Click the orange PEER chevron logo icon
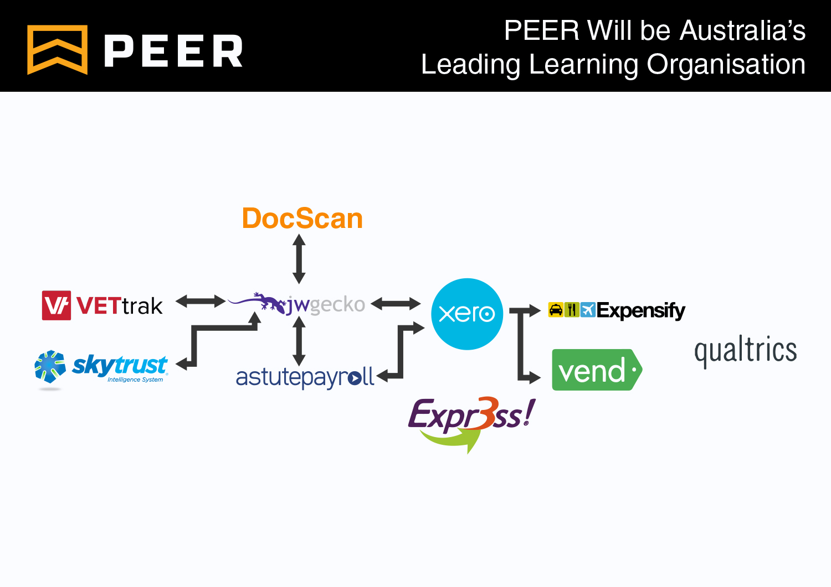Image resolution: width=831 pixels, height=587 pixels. point(57,49)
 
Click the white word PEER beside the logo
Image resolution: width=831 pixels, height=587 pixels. point(173,51)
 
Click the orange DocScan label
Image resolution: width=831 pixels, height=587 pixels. point(302,219)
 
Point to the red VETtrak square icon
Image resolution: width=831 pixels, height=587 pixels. point(57,305)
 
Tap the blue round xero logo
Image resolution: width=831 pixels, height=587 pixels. point(467,314)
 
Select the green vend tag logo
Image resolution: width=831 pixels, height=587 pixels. point(596,370)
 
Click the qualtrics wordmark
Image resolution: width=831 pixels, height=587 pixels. point(745,351)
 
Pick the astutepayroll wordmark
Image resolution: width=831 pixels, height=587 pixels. point(305,377)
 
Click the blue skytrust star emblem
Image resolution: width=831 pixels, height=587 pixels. point(50,366)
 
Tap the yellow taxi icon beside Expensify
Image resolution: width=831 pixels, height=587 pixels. point(556,310)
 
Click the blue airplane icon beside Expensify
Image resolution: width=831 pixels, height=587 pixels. point(588,310)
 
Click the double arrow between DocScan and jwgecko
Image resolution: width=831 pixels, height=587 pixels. point(299,258)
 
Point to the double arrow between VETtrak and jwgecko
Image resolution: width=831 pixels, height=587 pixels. point(201,302)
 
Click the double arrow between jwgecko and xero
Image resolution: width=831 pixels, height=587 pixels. point(396,303)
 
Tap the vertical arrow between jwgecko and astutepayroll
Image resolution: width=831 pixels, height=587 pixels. point(299,341)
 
